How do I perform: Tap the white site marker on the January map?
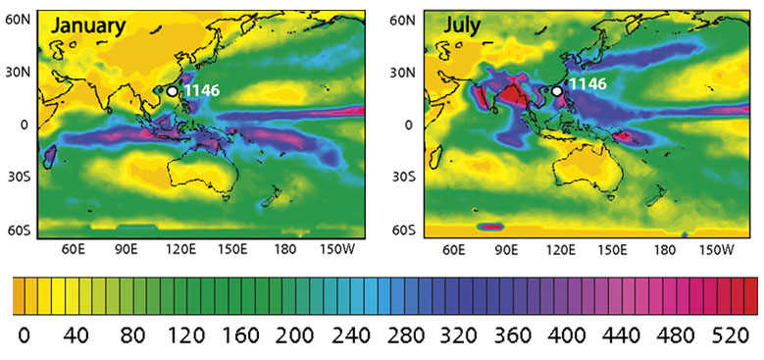tap(173, 90)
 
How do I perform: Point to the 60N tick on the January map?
tap(20, 20)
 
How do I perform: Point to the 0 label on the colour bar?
tap(24, 335)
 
